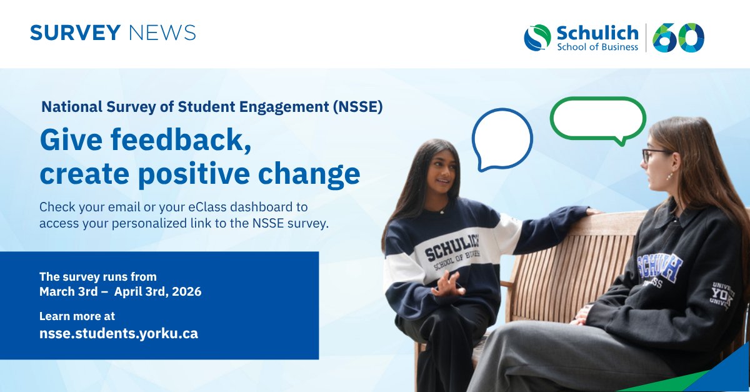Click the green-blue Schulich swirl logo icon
click(537, 38)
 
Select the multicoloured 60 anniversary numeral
click(678, 38)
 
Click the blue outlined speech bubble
click(501, 139)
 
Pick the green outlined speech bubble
click(597, 119)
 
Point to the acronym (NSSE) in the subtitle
click(356, 106)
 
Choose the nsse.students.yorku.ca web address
click(119, 334)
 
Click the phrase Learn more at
click(77, 316)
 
